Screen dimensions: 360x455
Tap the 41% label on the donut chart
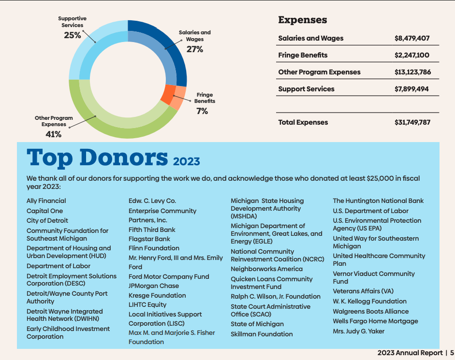coord(53,134)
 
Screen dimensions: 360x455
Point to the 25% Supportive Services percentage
coord(73,35)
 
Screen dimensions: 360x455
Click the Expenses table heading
coord(303,20)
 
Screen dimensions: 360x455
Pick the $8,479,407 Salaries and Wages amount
coord(412,38)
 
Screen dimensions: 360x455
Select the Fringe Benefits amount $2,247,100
coord(412,55)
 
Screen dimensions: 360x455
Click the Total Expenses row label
coord(303,122)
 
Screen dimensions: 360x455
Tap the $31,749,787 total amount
coord(412,122)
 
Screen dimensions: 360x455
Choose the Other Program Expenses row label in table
coord(319,72)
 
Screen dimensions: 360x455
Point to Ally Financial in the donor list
coord(46,201)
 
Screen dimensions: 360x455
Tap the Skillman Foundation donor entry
coord(262,334)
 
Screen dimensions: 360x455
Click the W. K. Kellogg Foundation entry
coord(369,301)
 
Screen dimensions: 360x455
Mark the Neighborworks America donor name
coord(266,269)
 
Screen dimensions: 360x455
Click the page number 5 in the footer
coord(452,353)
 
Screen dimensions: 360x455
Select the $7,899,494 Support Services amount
coord(412,89)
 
